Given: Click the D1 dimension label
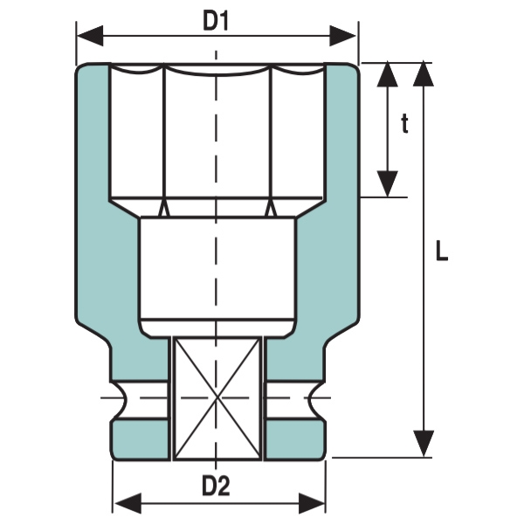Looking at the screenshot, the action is tap(216, 21).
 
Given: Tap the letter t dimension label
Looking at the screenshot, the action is tap(404, 125).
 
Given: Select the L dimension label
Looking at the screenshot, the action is tap(442, 253).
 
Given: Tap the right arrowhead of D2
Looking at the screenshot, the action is tap(313, 503).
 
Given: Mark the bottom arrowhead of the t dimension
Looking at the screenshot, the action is tap(388, 183).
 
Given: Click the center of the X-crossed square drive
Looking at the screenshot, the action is tap(217, 398).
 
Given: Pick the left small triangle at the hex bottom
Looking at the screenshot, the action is tap(163, 209).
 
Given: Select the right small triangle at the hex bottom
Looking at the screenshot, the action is tap(271, 209).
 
